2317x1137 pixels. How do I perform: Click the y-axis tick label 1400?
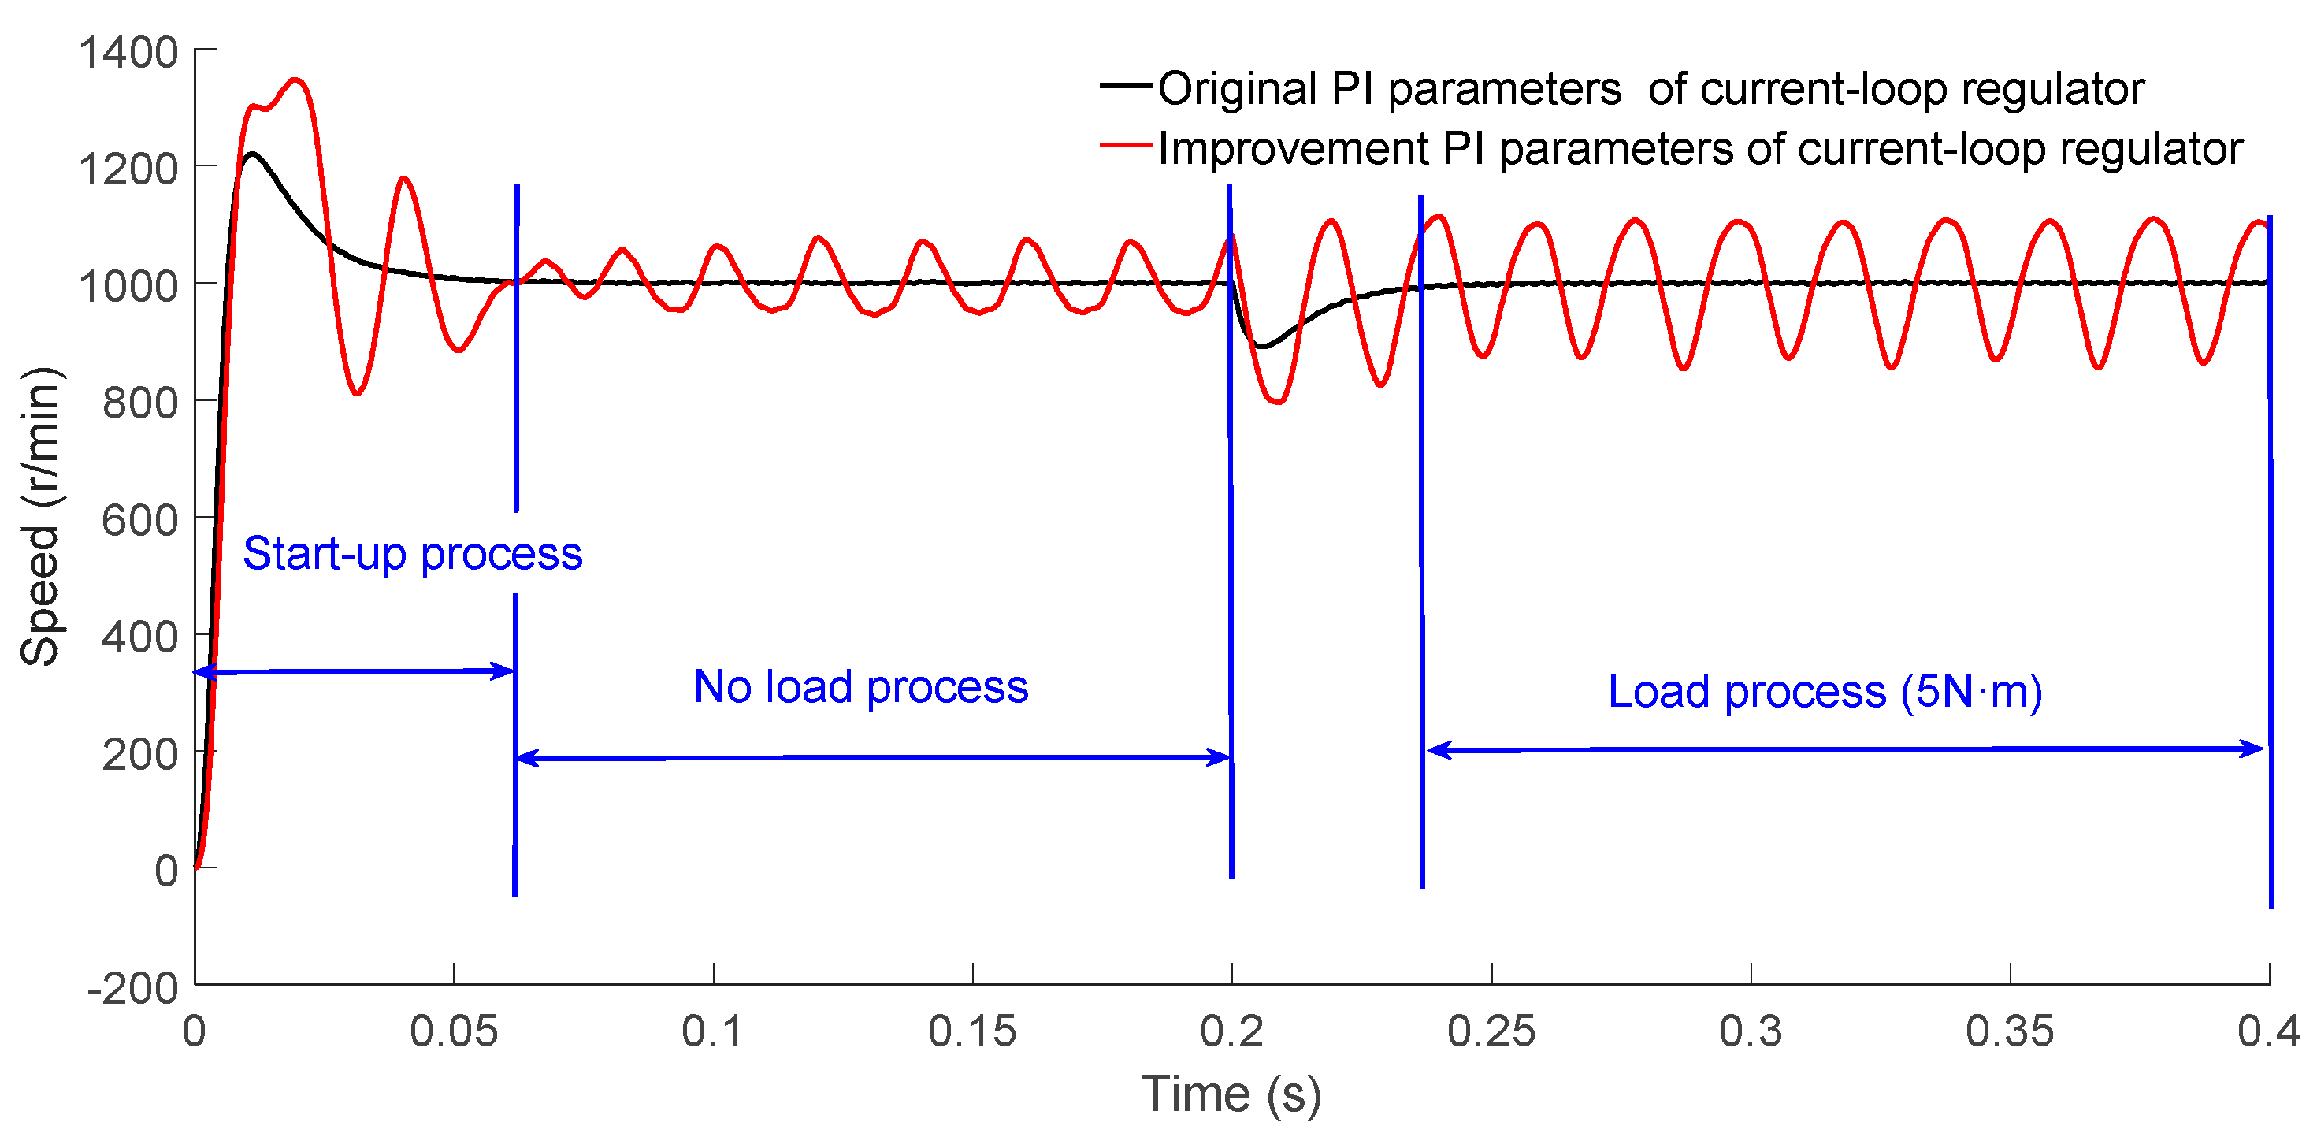[128, 52]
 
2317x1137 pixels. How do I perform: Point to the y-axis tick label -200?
[133, 987]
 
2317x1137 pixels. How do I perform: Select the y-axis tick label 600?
[140, 520]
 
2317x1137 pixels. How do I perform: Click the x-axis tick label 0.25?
[1491, 1031]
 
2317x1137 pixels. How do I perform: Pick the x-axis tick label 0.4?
[2268, 1031]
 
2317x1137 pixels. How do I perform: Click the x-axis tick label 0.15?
[972, 1031]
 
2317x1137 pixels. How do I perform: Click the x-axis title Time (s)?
[1231, 1094]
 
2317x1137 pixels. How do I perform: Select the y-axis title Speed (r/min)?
[39, 516]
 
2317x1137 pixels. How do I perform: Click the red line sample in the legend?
[1125, 146]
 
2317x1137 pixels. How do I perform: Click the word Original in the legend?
[1238, 89]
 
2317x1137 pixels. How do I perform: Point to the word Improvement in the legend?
[1294, 148]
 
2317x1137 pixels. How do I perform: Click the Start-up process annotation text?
[413, 553]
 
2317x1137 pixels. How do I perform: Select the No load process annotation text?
[861, 687]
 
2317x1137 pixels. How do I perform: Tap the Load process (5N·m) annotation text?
[1825, 692]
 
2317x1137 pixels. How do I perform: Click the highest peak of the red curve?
[296, 80]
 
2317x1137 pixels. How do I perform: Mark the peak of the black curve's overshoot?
[253, 154]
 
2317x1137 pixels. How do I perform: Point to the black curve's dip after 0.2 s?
[1263, 347]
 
